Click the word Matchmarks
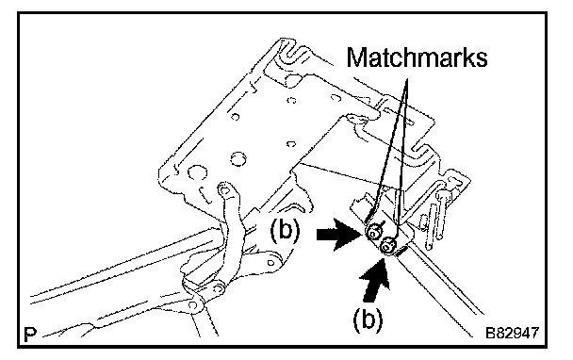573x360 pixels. [417, 57]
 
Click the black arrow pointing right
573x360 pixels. [340, 235]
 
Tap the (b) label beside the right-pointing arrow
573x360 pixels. [285, 231]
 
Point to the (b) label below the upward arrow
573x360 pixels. [368, 319]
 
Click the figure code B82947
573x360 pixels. [512, 333]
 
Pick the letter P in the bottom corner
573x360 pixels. [30, 334]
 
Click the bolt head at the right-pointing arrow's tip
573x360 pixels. [373, 232]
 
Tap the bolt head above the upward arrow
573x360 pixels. [387, 247]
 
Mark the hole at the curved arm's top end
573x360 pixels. [224, 189]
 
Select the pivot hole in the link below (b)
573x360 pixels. [270, 262]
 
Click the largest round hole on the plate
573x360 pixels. [197, 172]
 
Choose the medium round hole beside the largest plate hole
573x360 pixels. [237, 158]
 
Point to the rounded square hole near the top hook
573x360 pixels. [293, 79]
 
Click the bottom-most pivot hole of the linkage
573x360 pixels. [192, 304]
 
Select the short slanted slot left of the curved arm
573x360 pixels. [205, 195]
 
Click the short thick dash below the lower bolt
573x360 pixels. [401, 251]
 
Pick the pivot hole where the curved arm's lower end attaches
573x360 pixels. [219, 288]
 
